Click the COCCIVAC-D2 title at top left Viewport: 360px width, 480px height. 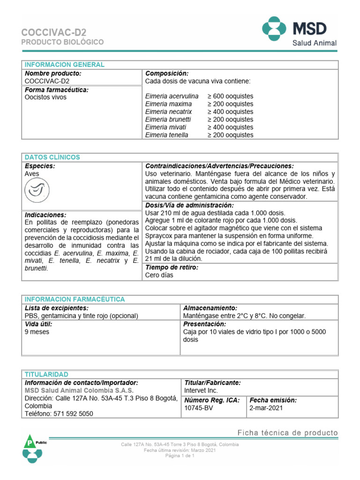[54, 32]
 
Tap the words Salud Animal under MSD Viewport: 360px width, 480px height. [315, 43]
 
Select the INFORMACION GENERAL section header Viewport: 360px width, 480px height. [65, 65]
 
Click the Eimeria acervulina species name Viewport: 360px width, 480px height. [172, 96]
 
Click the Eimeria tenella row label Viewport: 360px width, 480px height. [167, 135]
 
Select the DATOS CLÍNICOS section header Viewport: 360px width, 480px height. [52, 157]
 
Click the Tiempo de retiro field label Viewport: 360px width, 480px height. [172, 267]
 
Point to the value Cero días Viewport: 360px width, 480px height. [159, 275]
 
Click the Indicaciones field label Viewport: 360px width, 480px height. [45, 215]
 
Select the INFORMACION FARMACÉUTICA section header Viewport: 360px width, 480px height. [75, 299]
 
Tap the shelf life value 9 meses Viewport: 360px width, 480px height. [37, 331]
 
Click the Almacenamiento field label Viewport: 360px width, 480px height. [210, 308]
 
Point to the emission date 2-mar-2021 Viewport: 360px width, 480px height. [266, 408]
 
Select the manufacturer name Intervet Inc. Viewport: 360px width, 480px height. [202, 390]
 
